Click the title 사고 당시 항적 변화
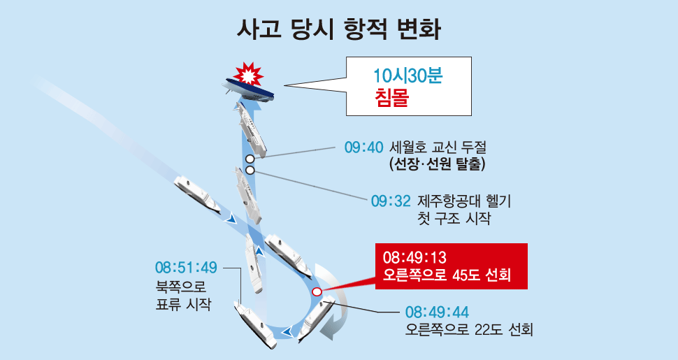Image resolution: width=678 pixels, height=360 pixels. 339,29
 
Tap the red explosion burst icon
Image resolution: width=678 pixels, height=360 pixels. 248,74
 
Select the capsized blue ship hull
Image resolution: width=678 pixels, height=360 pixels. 249,90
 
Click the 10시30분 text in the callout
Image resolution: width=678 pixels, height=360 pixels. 408,76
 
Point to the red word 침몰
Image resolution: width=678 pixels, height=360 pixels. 391,99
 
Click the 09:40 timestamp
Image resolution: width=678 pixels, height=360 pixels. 363,147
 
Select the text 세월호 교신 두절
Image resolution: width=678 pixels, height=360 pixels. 438,147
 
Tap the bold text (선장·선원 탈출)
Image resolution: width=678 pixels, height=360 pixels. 437,164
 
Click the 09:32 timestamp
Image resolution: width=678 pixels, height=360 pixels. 391,201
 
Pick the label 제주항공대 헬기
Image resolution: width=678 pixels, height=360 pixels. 464,201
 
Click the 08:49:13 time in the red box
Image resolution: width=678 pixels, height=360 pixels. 414,258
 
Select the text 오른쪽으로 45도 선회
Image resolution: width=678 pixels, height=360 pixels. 447,275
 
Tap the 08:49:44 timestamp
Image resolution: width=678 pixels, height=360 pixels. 437,312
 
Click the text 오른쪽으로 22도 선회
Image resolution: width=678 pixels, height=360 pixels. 469,330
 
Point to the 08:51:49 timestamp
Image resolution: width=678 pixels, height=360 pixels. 187,268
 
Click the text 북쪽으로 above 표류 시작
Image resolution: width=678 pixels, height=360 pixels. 181,286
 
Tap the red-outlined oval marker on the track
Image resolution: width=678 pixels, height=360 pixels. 317,292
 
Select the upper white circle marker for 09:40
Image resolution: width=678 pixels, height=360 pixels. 250,159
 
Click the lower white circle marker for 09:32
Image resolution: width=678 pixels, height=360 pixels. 250,170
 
